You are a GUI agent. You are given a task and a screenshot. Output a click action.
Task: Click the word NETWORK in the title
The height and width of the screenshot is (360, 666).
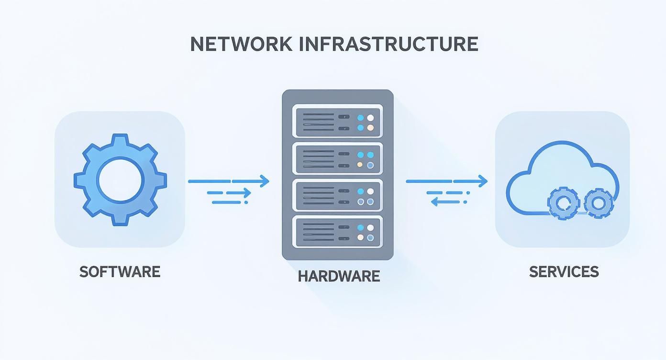click(241, 44)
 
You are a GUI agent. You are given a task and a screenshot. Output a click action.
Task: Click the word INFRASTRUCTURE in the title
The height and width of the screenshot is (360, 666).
click(388, 44)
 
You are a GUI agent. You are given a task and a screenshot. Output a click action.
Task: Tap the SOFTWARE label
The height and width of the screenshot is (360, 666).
click(120, 272)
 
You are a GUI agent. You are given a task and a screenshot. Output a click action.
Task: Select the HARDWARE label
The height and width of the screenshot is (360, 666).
click(339, 276)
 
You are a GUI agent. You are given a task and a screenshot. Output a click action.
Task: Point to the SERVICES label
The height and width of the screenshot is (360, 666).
click(564, 272)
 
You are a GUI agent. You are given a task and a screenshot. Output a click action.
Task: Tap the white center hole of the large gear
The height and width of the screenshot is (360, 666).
click(120, 180)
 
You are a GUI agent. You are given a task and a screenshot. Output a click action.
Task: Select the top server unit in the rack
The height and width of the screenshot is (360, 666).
click(337, 122)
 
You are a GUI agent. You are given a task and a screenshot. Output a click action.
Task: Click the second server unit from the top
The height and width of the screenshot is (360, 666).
click(337, 159)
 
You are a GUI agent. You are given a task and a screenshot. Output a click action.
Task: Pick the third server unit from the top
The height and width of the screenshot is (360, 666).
click(337, 196)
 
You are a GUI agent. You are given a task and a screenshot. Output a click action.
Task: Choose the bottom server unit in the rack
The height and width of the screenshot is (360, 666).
click(337, 232)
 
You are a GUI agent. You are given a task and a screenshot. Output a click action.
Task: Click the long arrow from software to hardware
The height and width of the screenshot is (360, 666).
click(229, 181)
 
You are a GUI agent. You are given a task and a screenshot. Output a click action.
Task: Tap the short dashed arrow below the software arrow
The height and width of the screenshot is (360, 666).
click(230, 193)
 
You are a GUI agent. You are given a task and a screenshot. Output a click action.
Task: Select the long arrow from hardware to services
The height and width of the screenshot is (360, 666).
click(446, 181)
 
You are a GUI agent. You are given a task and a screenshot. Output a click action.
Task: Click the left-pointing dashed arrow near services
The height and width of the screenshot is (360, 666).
click(448, 202)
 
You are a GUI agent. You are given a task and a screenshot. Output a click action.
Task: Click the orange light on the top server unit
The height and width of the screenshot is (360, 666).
click(370, 128)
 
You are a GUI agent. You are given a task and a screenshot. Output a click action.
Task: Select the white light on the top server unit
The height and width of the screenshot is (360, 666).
click(370, 117)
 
